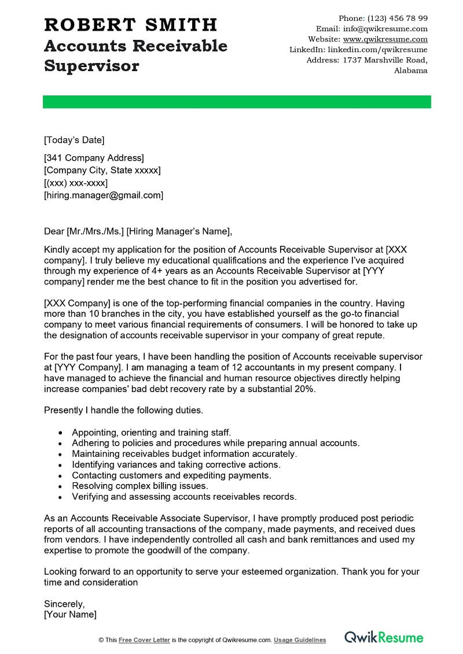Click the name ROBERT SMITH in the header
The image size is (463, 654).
click(x=130, y=25)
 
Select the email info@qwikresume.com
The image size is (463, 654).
click(x=385, y=29)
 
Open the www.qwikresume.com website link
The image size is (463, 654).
click(x=385, y=39)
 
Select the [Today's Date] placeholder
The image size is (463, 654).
click(x=74, y=140)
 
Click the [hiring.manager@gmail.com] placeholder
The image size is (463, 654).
click(x=104, y=195)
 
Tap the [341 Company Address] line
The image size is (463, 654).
click(x=94, y=158)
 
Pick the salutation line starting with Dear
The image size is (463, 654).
click(x=138, y=232)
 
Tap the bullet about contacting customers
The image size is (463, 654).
click(x=171, y=475)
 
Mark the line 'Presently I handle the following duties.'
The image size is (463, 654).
click(x=123, y=411)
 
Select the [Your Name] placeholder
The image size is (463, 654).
click(x=70, y=614)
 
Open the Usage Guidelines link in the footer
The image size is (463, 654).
click(x=300, y=640)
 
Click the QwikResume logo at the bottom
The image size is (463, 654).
click(x=384, y=637)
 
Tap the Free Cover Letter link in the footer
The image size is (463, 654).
click(x=144, y=640)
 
